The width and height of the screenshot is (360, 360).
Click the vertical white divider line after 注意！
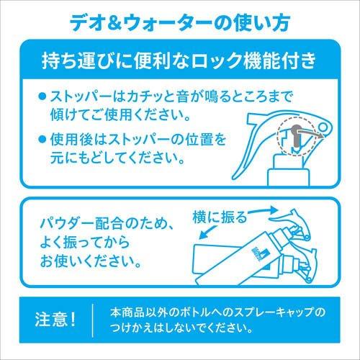[92, 319]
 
